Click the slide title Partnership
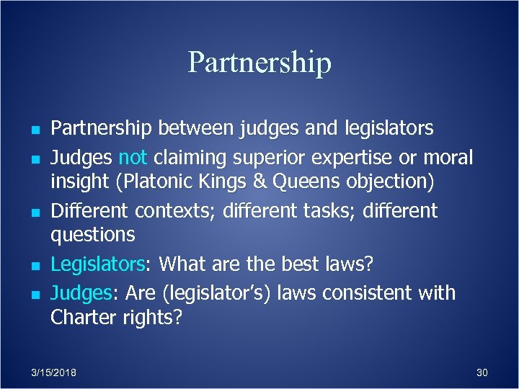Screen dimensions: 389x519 click(259, 62)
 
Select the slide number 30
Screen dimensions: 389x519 click(482, 372)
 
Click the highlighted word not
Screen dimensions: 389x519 click(133, 156)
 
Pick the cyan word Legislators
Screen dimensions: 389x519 click(98, 264)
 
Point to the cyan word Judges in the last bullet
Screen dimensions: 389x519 click(77, 293)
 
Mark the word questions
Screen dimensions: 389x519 click(93, 235)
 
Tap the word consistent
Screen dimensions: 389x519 click(373, 293)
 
